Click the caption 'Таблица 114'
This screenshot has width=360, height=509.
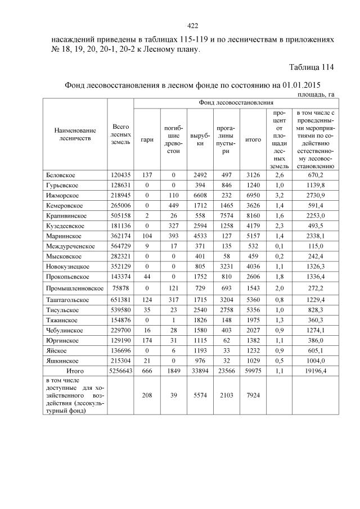click(x=312, y=68)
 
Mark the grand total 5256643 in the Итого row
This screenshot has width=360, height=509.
click(x=120, y=372)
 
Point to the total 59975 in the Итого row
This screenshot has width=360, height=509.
click(x=254, y=372)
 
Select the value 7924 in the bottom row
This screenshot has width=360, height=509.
click(x=254, y=395)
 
